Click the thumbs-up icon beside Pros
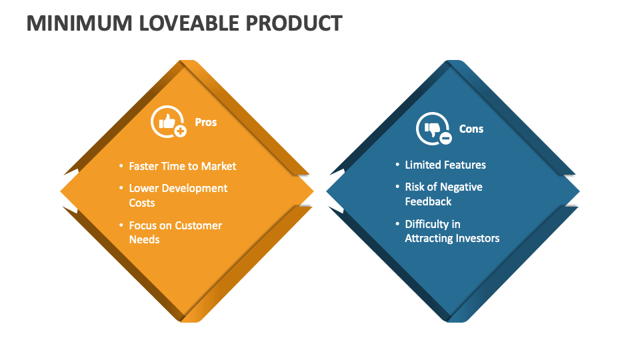(167, 122)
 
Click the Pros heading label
(205, 122)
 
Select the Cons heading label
(471, 129)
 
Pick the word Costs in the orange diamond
(142, 203)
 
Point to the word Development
(194, 188)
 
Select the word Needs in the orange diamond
(144, 239)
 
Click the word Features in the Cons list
(465, 165)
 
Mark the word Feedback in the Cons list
(428, 201)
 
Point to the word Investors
(476, 238)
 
